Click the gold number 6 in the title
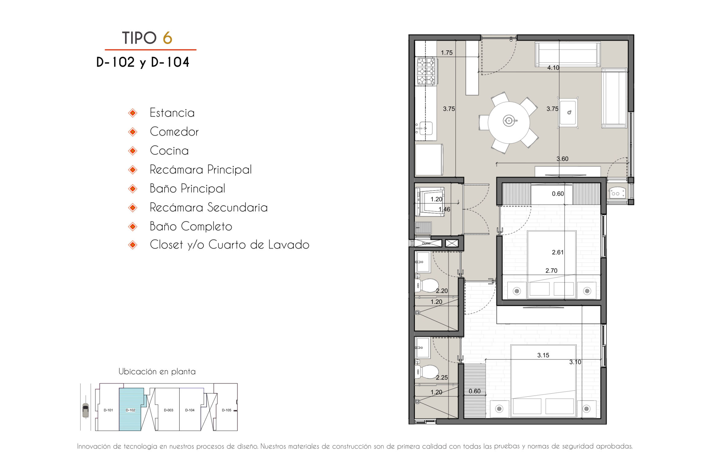coord(167,38)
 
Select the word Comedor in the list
coord(174,132)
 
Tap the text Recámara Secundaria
coord(209,207)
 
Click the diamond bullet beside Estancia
coord(133,113)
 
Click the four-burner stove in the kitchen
coord(426,71)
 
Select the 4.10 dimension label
coord(553,68)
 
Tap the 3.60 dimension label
coord(562,159)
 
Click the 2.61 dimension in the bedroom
coord(558,253)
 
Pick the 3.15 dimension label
coord(543,355)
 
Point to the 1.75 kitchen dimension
coord(447,53)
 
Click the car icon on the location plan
coord(85,410)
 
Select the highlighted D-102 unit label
coord(131,410)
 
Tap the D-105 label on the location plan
coord(227,410)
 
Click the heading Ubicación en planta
coord(157,372)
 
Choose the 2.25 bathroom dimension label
coord(442,378)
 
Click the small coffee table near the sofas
coord(568,112)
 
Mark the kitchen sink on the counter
coord(425,129)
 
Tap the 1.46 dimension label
coord(444,210)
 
